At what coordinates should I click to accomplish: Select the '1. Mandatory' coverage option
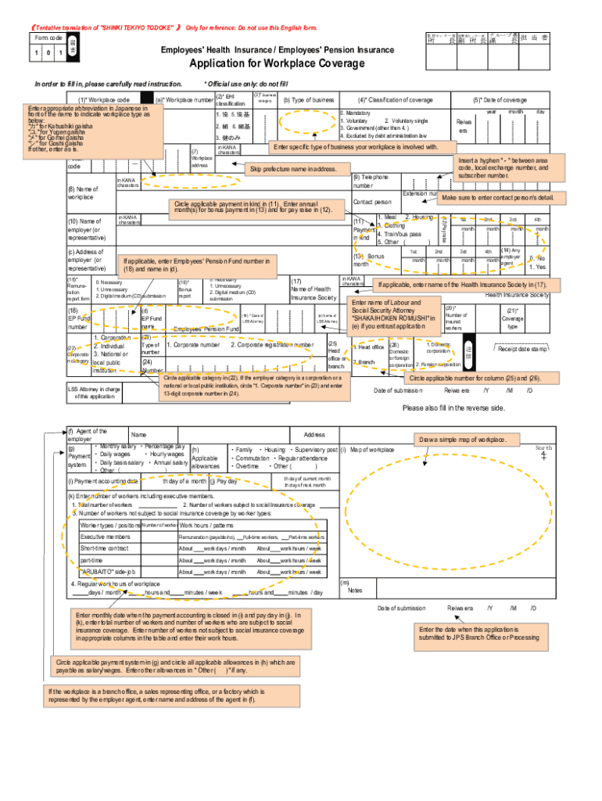coord(357,113)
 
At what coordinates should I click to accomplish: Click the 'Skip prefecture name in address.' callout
coord(293,170)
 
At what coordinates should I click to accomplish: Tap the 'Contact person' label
coord(372,202)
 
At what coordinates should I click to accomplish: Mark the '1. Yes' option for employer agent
coord(537,267)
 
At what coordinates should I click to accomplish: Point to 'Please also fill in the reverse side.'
coord(453,408)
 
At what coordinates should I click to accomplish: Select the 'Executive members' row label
coord(106,537)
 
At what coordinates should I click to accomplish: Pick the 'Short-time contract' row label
coord(107,549)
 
